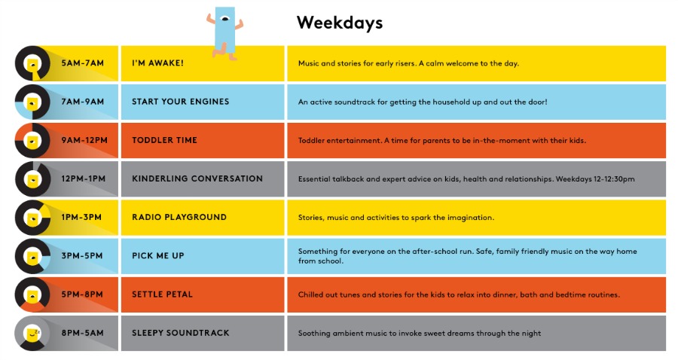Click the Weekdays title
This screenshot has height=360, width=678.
point(340,23)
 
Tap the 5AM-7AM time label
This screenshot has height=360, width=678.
point(83,63)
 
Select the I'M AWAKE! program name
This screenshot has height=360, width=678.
point(158,63)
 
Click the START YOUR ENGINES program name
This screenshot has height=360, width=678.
point(180,102)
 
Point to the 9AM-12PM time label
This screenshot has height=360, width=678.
point(84,140)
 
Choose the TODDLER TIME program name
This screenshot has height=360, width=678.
point(164,140)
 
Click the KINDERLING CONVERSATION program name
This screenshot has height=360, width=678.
point(197,178)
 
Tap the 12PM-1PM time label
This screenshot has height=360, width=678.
point(83,178)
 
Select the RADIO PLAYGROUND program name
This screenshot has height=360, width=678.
point(179,217)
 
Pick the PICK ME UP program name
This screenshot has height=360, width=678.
point(158,256)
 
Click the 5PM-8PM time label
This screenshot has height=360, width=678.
point(82,294)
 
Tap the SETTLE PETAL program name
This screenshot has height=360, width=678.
point(162,294)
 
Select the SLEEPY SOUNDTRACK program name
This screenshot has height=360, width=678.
point(180,333)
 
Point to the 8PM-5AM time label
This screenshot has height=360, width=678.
point(82,333)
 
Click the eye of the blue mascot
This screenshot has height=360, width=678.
point(224,19)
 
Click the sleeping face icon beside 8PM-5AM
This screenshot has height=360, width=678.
point(32,333)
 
